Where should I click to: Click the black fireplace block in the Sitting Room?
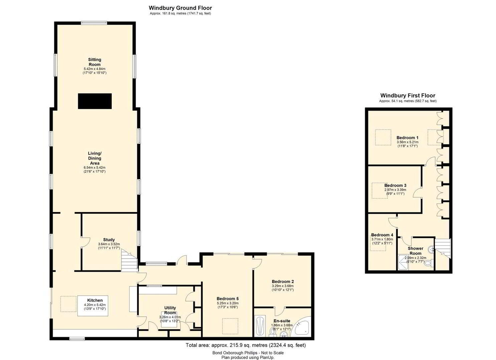(x=95, y=101)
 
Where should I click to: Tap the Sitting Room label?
(x=94, y=62)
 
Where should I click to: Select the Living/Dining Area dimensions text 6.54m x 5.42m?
(x=94, y=167)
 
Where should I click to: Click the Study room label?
(x=109, y=239)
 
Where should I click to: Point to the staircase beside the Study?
(x=130, y=260)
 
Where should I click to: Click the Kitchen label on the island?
(x=95, y=300)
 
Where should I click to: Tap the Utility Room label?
(x=170, y=310)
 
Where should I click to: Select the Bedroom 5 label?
(x=228, y=299)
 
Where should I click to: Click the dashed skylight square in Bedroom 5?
(x=230, y=326)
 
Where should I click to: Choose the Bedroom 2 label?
(x=283, y=281)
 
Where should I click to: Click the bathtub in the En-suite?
(x=260, y=327)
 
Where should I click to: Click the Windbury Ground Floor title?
(x=180, y=8)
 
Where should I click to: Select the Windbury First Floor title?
(x=408, y=96)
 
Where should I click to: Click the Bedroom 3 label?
(x=395, y=185)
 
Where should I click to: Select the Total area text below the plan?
(x=246, y=345)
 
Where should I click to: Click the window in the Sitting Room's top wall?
(x=94, y=23)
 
